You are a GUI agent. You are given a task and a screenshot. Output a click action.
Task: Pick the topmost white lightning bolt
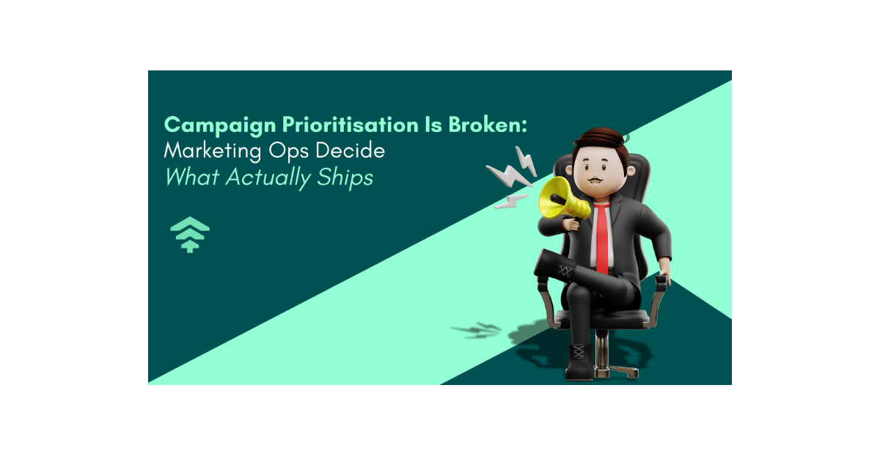tap(525, 157)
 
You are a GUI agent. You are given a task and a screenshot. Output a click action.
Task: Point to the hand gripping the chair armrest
tap(664, 279)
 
